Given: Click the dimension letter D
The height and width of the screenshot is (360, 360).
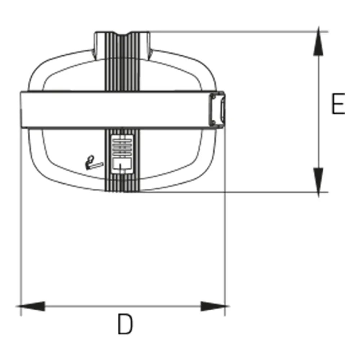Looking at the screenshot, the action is (125, 324).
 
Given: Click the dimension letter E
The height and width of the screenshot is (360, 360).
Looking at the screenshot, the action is (338, 104).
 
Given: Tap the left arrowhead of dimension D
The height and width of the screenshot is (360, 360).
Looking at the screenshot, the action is (31, 306).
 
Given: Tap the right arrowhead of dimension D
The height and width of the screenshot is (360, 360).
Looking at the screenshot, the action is (215, 306).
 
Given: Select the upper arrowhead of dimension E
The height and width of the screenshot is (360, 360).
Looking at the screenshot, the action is (318, 41).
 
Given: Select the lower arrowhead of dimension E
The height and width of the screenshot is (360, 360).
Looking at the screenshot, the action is (318, 182).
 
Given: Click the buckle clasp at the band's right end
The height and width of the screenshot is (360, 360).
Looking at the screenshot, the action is (217, 109).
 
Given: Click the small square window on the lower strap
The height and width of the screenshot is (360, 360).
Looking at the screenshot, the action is (122, 164).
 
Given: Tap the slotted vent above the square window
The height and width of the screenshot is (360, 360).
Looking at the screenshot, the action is (122, 146).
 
